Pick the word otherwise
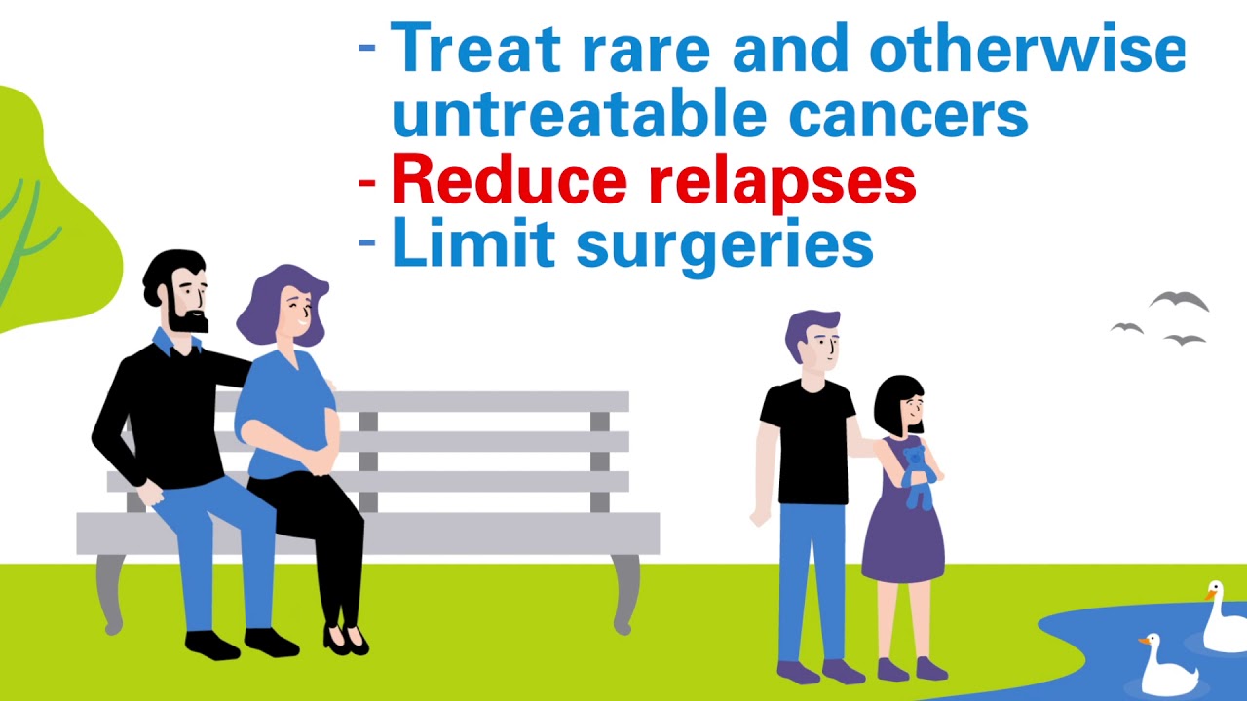click(1027, 49)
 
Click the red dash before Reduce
click(367, 181)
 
